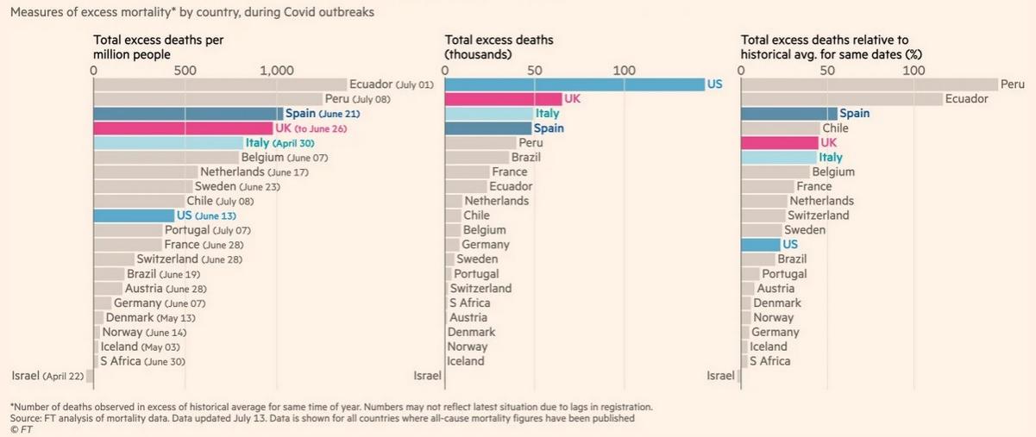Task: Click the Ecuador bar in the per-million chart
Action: tap(219, 84)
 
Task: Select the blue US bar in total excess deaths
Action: tap(573, 84)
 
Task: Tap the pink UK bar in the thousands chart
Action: tap(502, 99)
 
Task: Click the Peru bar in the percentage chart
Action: tap(868, 84)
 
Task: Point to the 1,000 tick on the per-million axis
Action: tap(277, 71)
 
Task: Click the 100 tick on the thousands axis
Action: tap(624, 71)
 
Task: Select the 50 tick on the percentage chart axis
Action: tap(827, 71)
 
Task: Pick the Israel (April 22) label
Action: tap(49, 376)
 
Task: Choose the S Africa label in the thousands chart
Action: tap(469, 303)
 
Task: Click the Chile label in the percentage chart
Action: tap(835, 128)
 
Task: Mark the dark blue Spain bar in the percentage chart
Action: tap(788, 114)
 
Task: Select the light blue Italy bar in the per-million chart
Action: tap(168, 143)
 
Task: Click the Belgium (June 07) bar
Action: tap(166, 158)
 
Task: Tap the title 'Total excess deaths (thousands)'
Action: tap(499, 47)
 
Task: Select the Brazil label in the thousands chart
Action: tap(525, 158)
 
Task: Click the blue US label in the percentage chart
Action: tap(790, 244)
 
